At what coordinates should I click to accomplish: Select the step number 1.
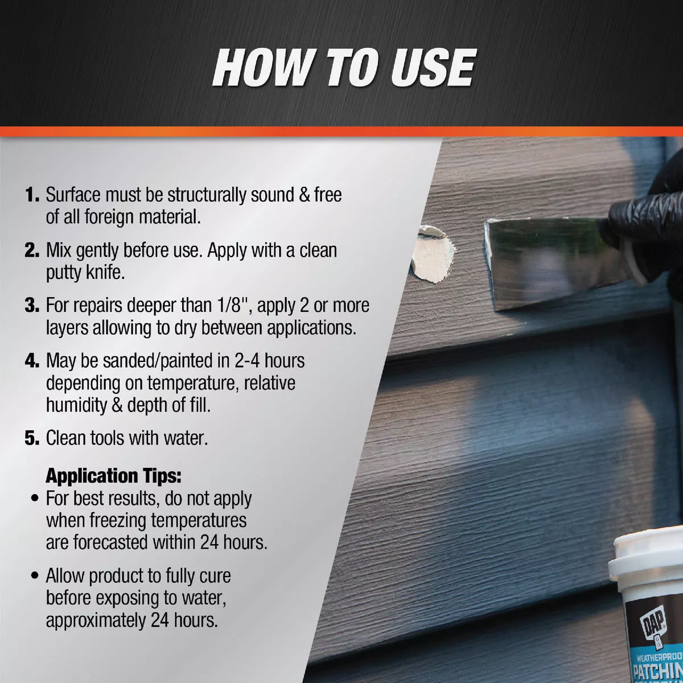pos(32,195)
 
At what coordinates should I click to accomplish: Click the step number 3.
pos(32,306)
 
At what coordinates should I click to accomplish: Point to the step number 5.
pos(32,438)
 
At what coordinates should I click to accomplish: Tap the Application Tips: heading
pos(113,476)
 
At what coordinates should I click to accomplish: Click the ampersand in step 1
pos(305,195)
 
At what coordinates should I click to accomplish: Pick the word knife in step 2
pos(105,273)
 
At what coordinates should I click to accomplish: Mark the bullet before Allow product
pos(35,577)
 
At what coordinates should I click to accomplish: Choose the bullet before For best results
pos(35,499)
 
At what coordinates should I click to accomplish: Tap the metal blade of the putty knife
pos(546,262)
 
